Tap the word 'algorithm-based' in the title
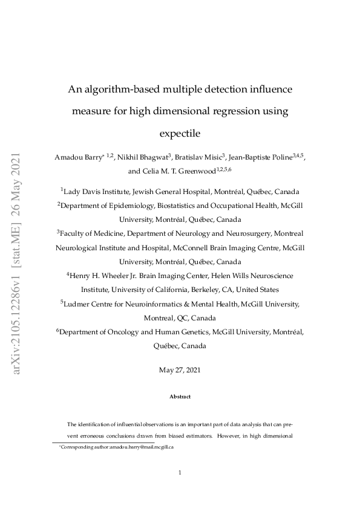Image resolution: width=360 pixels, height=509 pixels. click(123, 89)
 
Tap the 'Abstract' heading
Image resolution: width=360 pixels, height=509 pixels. click(180, 397)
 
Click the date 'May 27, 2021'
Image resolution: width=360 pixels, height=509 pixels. click(180, 369)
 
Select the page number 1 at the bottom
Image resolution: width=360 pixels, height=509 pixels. click(180, 473)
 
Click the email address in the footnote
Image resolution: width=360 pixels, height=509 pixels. click(144, 447)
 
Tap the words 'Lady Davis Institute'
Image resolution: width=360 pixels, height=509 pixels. click(97, 192)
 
